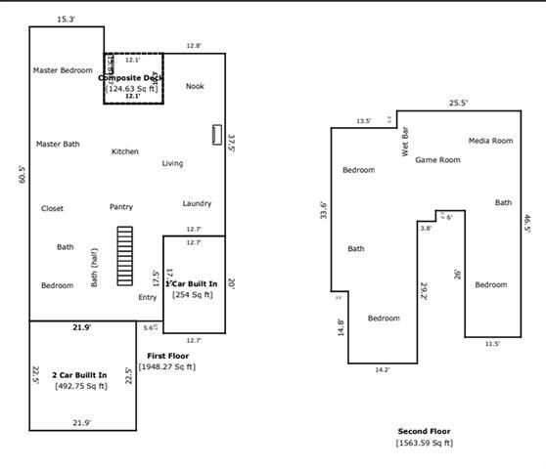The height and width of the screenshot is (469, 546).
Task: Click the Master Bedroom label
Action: [63, 70]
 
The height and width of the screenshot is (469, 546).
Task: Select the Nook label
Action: [195, 86]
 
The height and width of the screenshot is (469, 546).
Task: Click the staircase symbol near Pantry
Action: [124, 256]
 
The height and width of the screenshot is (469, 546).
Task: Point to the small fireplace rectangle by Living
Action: [217, 135]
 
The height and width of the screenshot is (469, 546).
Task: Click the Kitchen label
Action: [125, 151]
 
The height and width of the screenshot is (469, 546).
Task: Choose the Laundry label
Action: [197, 203]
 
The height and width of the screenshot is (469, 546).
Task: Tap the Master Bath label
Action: [58, 145]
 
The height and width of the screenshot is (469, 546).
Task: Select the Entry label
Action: [147, 297]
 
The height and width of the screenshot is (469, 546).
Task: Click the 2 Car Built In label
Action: [79, 375]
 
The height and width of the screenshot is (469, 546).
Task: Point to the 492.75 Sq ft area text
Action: [80, 386]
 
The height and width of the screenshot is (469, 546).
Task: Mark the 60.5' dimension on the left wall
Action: [22, 173]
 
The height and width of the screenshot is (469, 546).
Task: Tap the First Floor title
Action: [168, 356]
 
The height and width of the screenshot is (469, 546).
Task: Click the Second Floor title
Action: [424, 431]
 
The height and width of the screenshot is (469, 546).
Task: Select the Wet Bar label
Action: [405, 143]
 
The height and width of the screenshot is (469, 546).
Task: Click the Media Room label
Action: [490, 141]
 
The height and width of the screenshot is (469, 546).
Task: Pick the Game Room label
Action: [437, 159]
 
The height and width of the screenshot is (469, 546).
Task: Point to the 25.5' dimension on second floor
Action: [458, 103]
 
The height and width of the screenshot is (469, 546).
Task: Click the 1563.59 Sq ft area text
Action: [424, 443]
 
